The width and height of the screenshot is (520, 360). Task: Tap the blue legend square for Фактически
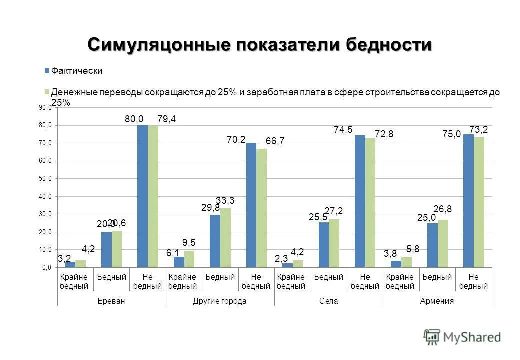click(x=47, y=71)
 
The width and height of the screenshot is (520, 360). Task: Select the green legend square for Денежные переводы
click(x=47, y=92)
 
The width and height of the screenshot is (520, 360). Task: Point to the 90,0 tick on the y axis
click(x=45, y=107)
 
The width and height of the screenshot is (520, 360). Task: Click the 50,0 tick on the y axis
click(x=45, y=178)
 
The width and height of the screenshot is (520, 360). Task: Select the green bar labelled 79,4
click(x=153, y=197)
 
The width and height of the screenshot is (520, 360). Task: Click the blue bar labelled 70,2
click(x=251, y=205)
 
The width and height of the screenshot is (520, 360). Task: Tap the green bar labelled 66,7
click(x=261, y=208)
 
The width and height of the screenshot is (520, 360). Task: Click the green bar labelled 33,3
click(x=225, y=238)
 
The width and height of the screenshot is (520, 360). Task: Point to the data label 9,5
click(x=189, y=242)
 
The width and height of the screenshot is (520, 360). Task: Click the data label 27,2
click(x=333, y=211)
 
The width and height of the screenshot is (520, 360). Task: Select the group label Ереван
click(x=112, y=301)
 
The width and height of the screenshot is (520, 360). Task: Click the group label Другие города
click(x=220, y=301)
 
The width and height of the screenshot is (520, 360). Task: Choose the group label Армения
click(x=437, y=301)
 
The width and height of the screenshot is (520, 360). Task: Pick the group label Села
click(x=329, y=301)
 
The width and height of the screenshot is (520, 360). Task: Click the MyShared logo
click(x=462, y=337)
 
